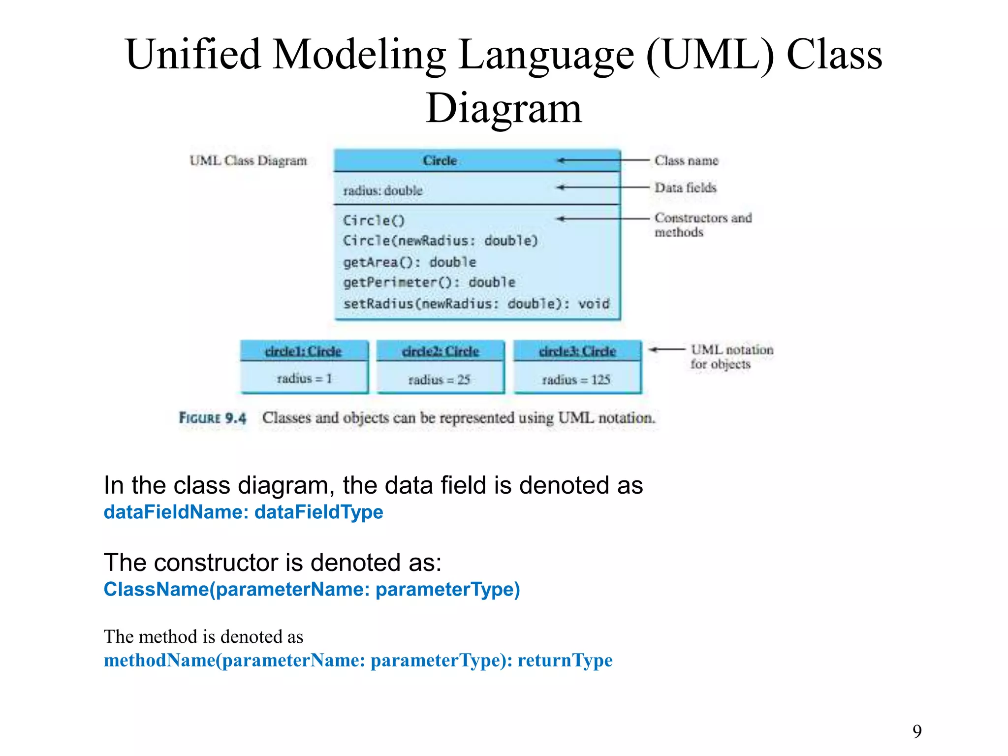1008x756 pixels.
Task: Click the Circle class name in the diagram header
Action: click(x=440, y=160)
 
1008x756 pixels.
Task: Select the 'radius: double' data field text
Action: click(x=382, y=190)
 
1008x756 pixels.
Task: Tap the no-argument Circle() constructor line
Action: click(x=374, y=220)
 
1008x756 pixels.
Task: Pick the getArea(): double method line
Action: click(x=409, y=262)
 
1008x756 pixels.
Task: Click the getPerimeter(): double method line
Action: click(x=429, y=283)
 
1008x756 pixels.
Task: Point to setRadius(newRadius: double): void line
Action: click(x=476, y=304)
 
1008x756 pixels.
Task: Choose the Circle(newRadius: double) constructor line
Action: click(x=440, y=241)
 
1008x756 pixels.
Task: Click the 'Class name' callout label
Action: click(x=686, y=160)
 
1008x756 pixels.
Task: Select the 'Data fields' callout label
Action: click(x=685, y=188)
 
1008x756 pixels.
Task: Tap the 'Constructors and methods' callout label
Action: click(x=703, y=224)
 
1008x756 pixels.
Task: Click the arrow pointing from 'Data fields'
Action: click(x=603, y=188)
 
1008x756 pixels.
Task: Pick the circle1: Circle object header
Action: click(x=303, y=351)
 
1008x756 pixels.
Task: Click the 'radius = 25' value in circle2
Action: click(x=440, y=379)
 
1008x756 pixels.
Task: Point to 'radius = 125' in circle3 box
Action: click(x=576, y=379)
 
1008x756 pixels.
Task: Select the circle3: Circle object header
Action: click(x=577, y=351)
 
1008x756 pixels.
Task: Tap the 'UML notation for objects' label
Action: click(x=731, y=357)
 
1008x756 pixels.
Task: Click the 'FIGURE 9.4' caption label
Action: click(x=212, y=418)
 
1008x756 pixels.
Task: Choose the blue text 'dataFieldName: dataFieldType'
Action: click(x=243, y=512)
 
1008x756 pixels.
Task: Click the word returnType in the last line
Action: click(x=565, y=660)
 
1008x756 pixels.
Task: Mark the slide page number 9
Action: click(x=917, y=731)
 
